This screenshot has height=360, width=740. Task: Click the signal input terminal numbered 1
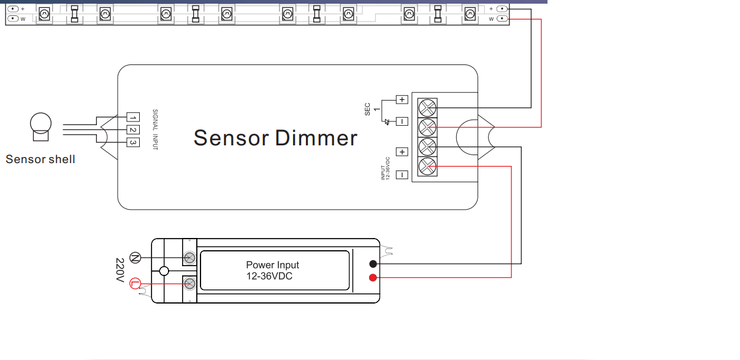tap(133, 117)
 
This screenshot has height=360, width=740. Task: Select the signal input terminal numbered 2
tap(133, 129)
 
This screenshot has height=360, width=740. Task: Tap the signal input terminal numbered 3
tap(133, 142)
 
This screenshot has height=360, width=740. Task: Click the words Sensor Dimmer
tap(275, 138)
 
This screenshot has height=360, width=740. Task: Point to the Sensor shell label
tap(40, 159)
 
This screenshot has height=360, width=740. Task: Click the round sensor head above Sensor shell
tap(40, 123)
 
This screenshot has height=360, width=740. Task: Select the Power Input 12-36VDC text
tap(272, 270)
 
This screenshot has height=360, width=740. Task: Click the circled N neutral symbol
tap(135, 258)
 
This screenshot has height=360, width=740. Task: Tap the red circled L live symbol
tap(135, 283)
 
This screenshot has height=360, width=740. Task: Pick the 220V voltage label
tap(120, 270)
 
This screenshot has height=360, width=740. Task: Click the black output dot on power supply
tap(373, 264)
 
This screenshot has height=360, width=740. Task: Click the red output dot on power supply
tap(373, 278)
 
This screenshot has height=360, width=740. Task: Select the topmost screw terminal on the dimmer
tap(427, 108)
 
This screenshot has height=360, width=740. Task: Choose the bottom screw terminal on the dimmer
tap(427, 166)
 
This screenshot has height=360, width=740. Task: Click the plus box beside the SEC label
tap(402, 99)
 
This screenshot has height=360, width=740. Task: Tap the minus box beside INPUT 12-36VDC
tap(402, 175)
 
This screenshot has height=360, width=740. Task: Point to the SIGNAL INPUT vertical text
tap(155, 129)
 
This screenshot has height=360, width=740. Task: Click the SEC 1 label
tap(372, 109)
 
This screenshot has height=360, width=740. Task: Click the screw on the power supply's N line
tap(189, 258)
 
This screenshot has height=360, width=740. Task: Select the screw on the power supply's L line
tap(189, 283)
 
